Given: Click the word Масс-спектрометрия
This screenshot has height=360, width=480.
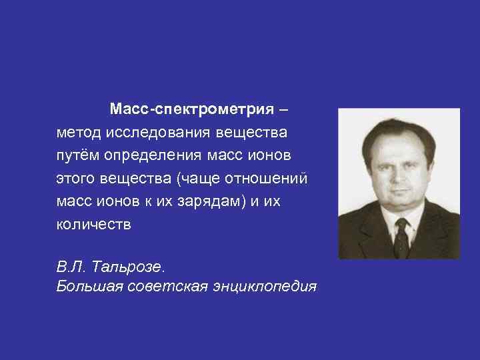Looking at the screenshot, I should (x=192, y=108).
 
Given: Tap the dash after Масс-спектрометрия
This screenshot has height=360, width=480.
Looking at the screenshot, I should (x=285, y=108).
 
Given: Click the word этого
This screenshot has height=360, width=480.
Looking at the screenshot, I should (x=77, y=178).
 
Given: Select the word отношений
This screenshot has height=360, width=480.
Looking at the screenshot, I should (x=269, y=178).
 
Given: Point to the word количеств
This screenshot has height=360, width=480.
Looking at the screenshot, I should (x=95, y=225).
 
